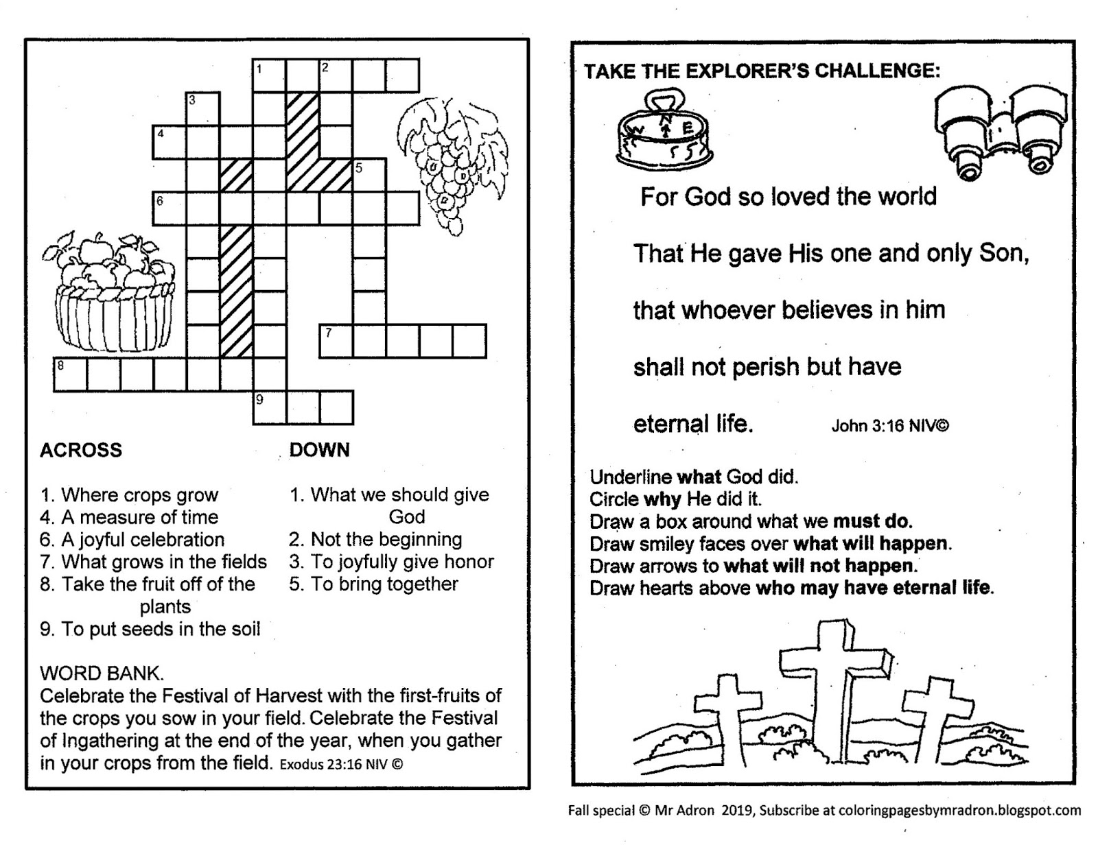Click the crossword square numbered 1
(269, 75)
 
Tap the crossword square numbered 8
(71, 374)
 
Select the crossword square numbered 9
(269, 408)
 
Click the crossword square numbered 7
(336, 342)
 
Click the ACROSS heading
(81, 450)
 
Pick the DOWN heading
(319, 450)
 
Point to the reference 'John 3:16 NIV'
(889, 426)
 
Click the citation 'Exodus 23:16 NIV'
(341, 764)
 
